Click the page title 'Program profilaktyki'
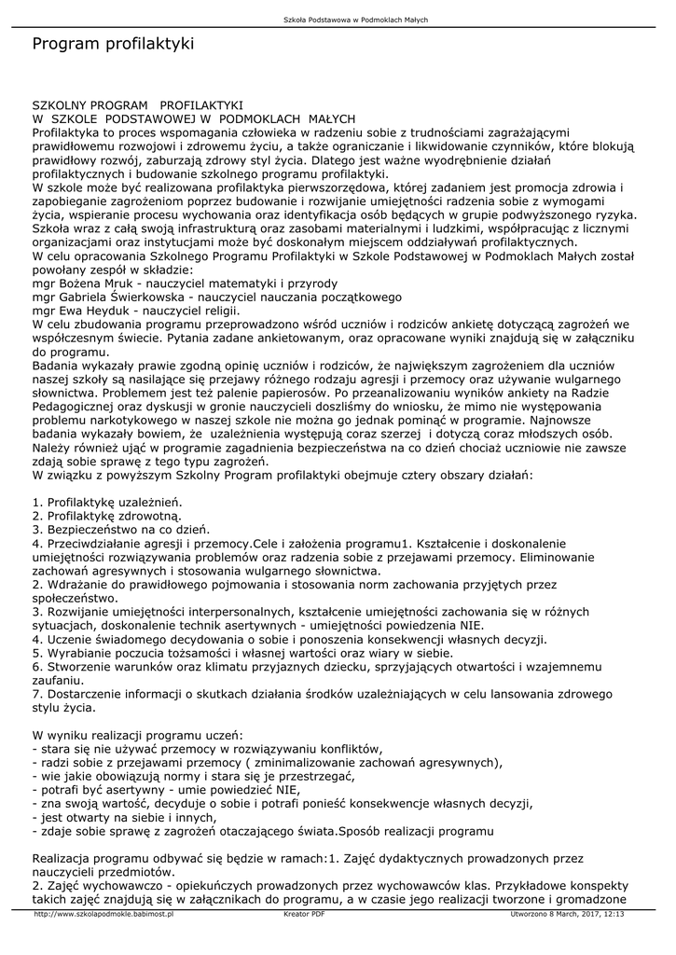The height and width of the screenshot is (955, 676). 113,44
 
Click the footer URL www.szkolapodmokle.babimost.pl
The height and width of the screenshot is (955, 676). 103,914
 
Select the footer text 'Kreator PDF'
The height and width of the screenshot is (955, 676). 304,914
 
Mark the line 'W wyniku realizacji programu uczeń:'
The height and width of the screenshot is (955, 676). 137,734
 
